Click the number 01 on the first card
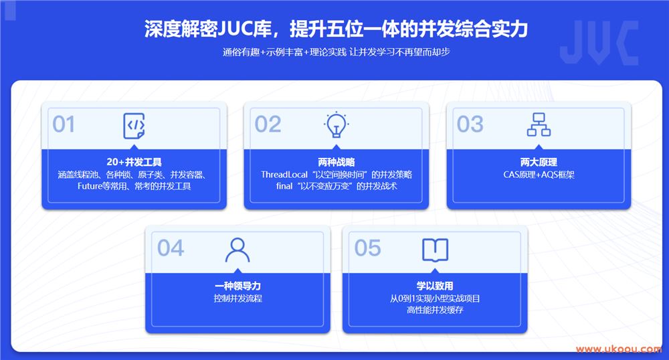tap(64, 124)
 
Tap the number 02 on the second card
tap(268, 124)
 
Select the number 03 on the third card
tap(470, 124)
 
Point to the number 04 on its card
tap(171, 248)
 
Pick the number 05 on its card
tap(368, 248)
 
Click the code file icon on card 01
tap(134, 126)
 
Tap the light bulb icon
tap(337, 125)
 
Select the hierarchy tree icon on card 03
tap(539, 124)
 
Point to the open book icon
tap(436, 250)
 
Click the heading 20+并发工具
tap(134, 162)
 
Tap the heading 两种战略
tap(337, 162)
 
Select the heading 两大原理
tap(539, 162)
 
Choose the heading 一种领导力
tap(237, 286)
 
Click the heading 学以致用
tap(435, 286)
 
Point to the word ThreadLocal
tap(284, 175)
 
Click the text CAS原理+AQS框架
tap(539, 175)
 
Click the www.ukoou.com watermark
tap(619, 349)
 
